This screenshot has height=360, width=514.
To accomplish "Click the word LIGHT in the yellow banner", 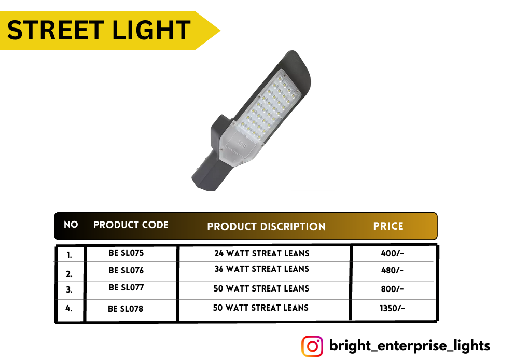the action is pos(151,30).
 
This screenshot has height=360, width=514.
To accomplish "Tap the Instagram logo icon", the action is pos(312,346).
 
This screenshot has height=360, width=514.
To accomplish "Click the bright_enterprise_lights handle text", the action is pos(409,346).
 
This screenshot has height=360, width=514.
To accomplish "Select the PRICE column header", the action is pos(388,226).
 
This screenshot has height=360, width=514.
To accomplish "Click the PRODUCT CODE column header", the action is pos(131,225).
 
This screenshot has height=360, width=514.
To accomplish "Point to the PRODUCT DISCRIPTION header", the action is pos(266,227).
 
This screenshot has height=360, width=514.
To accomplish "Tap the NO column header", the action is pos(71,225).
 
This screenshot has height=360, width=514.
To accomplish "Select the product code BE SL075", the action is pos(126,253).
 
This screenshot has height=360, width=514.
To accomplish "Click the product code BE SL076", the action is pos(126,270).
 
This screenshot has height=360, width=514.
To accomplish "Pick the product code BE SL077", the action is pos(126,287).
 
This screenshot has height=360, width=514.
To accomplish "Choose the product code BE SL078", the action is pos(126,309).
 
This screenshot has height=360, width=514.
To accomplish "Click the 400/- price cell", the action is pos(393,253).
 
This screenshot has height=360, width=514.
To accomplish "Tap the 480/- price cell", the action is pos(393,270).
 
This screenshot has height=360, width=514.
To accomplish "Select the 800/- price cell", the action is pos(393,289).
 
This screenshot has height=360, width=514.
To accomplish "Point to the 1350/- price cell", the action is pos(393,308).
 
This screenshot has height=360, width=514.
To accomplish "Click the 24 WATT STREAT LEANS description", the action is pos(262,254).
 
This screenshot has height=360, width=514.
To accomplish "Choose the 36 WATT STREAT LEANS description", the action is pos(262,269).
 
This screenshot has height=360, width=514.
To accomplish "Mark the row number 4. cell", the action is pos(69,308).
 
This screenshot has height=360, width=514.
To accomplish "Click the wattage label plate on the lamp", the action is pos(242,143).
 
